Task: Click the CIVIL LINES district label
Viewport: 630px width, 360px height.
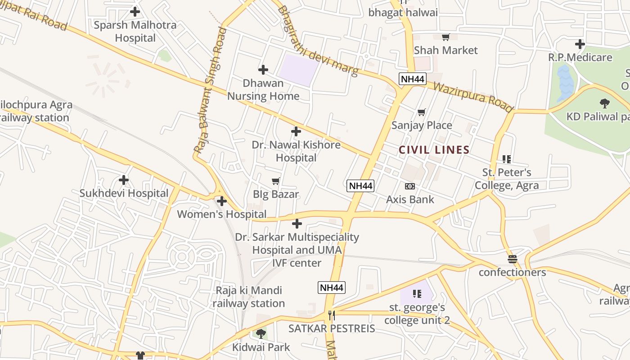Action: tap(434, 150)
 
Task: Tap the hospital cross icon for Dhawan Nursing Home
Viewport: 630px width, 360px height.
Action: tap(263, 70)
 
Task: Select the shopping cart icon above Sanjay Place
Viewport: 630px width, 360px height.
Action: tap(422, 112)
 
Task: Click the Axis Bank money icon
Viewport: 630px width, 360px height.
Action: tap(410, 186)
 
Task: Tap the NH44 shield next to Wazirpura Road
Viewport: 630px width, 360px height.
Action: tap(412, 79)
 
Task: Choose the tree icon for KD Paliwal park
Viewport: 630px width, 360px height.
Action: tap(605, 103)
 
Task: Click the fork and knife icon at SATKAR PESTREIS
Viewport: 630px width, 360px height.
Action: tap(332, 315)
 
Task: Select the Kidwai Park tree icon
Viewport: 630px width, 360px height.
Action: tap(261, 334)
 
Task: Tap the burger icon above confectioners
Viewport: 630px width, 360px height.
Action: tap(512, 259)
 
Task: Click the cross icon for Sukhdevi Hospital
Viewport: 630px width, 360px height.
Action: tap(124, 180)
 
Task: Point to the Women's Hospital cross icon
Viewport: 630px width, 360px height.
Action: tap(222, 201)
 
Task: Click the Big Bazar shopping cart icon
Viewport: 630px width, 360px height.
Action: tap(276, 181)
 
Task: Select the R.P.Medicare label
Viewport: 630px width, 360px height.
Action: tap(580, 58)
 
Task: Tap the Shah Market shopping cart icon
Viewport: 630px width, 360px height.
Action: tap(445, 37)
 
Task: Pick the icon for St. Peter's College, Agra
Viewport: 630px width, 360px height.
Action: tap(507, 159)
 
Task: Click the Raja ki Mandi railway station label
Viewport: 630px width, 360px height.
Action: tap(249, 297)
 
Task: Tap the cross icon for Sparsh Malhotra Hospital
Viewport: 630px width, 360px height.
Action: tap(135, 12)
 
